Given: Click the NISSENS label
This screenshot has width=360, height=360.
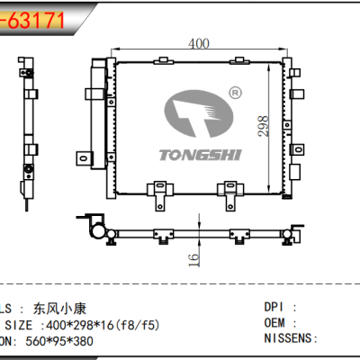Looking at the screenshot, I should click(x=290, y=339).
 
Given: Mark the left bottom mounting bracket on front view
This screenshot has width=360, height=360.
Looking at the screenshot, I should click(x=158, y=191).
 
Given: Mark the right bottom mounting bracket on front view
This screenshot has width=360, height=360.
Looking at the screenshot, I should click(x=231, y=191).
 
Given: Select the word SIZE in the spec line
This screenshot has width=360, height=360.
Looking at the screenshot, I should click(x=19, y=323).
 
